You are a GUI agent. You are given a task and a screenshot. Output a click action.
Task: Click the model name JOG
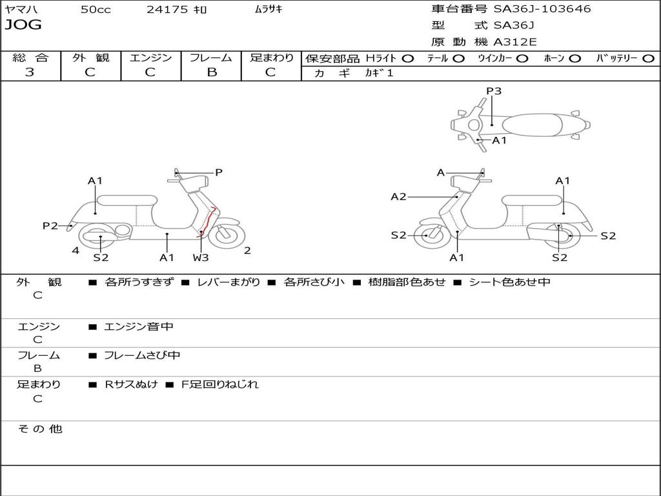click(x=23, y=25)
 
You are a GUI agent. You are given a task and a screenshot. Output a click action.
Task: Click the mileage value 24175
click(x=167, y=9)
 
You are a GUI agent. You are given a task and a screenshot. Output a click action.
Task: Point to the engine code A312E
click(x=515, y=43)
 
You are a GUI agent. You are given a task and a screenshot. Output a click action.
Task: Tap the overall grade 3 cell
click(x=30, y=72)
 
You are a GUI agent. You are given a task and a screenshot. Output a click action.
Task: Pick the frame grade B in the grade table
click(x=212, y=72)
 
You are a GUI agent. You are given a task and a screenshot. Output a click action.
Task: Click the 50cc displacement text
click(x=96, y=9)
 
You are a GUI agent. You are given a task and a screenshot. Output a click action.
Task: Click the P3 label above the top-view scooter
click(x=494, y=91)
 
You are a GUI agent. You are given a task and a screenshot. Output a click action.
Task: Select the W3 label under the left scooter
click(x=201, y=258)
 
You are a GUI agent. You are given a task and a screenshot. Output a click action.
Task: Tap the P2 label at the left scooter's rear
click(x=50, y=225)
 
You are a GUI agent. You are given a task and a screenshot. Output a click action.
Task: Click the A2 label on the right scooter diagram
click(x=398, y=196)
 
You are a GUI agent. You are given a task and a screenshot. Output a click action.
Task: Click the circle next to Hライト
click(x=407, y=58)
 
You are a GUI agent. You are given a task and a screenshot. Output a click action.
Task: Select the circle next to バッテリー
click(x=648, y=58)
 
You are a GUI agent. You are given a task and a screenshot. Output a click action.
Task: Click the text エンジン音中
click(x=139, y=327)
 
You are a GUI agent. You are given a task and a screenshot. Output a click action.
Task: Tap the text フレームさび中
click(x=142, y=355)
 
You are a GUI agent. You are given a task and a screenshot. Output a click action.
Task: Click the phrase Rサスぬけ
click(x=131, y=384)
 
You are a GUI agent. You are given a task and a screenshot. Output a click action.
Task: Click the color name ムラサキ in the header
click(x=269, y=9)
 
